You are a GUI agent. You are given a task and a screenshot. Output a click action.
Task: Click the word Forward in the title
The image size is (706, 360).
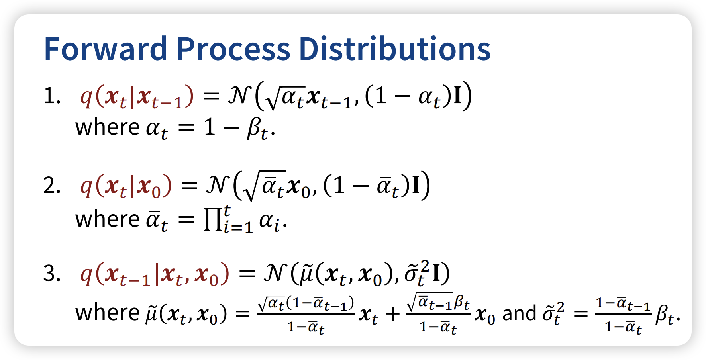105,49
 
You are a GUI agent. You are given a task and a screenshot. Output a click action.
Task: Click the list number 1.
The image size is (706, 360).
52,96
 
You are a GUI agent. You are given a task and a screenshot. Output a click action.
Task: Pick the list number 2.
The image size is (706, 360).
52,186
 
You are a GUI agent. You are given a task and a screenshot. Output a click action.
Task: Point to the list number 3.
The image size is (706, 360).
52,274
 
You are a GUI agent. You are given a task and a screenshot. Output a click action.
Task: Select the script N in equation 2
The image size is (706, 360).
217,185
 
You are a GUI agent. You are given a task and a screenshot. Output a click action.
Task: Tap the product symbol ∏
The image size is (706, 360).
212,220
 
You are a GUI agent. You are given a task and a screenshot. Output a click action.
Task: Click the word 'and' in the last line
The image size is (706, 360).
519,313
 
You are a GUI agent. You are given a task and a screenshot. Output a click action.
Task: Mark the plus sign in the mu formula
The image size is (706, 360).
393,314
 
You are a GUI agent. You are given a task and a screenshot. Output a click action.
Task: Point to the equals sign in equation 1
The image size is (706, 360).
211,97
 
